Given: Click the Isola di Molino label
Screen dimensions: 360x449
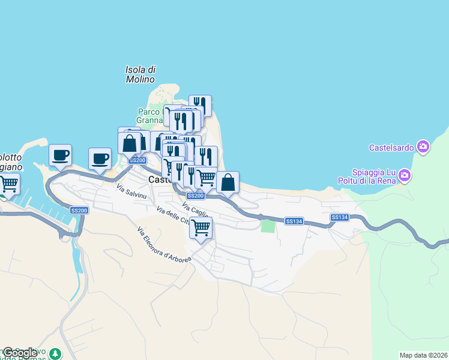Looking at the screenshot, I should pos(140,74).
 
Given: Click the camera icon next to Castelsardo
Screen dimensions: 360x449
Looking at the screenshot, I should pos(424,147).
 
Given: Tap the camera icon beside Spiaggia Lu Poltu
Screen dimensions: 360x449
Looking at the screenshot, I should pos(405,175).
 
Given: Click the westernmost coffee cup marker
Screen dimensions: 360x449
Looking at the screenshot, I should pos(61,155).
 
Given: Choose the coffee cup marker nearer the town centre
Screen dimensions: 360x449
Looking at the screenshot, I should pos(100,158).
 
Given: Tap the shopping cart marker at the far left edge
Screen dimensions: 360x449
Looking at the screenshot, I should pos(8,183).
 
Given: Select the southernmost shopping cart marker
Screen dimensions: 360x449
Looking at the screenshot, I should pos(201,227).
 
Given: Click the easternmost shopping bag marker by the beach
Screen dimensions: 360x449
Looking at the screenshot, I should pos(228,182).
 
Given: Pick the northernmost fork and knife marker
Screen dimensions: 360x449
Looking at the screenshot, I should pos(200,106).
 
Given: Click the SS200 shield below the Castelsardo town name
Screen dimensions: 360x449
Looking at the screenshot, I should pos(195,196).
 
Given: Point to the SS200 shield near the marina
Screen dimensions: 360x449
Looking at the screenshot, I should pos(79,210).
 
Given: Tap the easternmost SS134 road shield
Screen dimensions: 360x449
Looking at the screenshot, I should pos(339,217).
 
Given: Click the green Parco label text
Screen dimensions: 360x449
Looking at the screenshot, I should pos(149,112).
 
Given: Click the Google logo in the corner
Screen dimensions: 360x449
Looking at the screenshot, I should pos(20,353).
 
